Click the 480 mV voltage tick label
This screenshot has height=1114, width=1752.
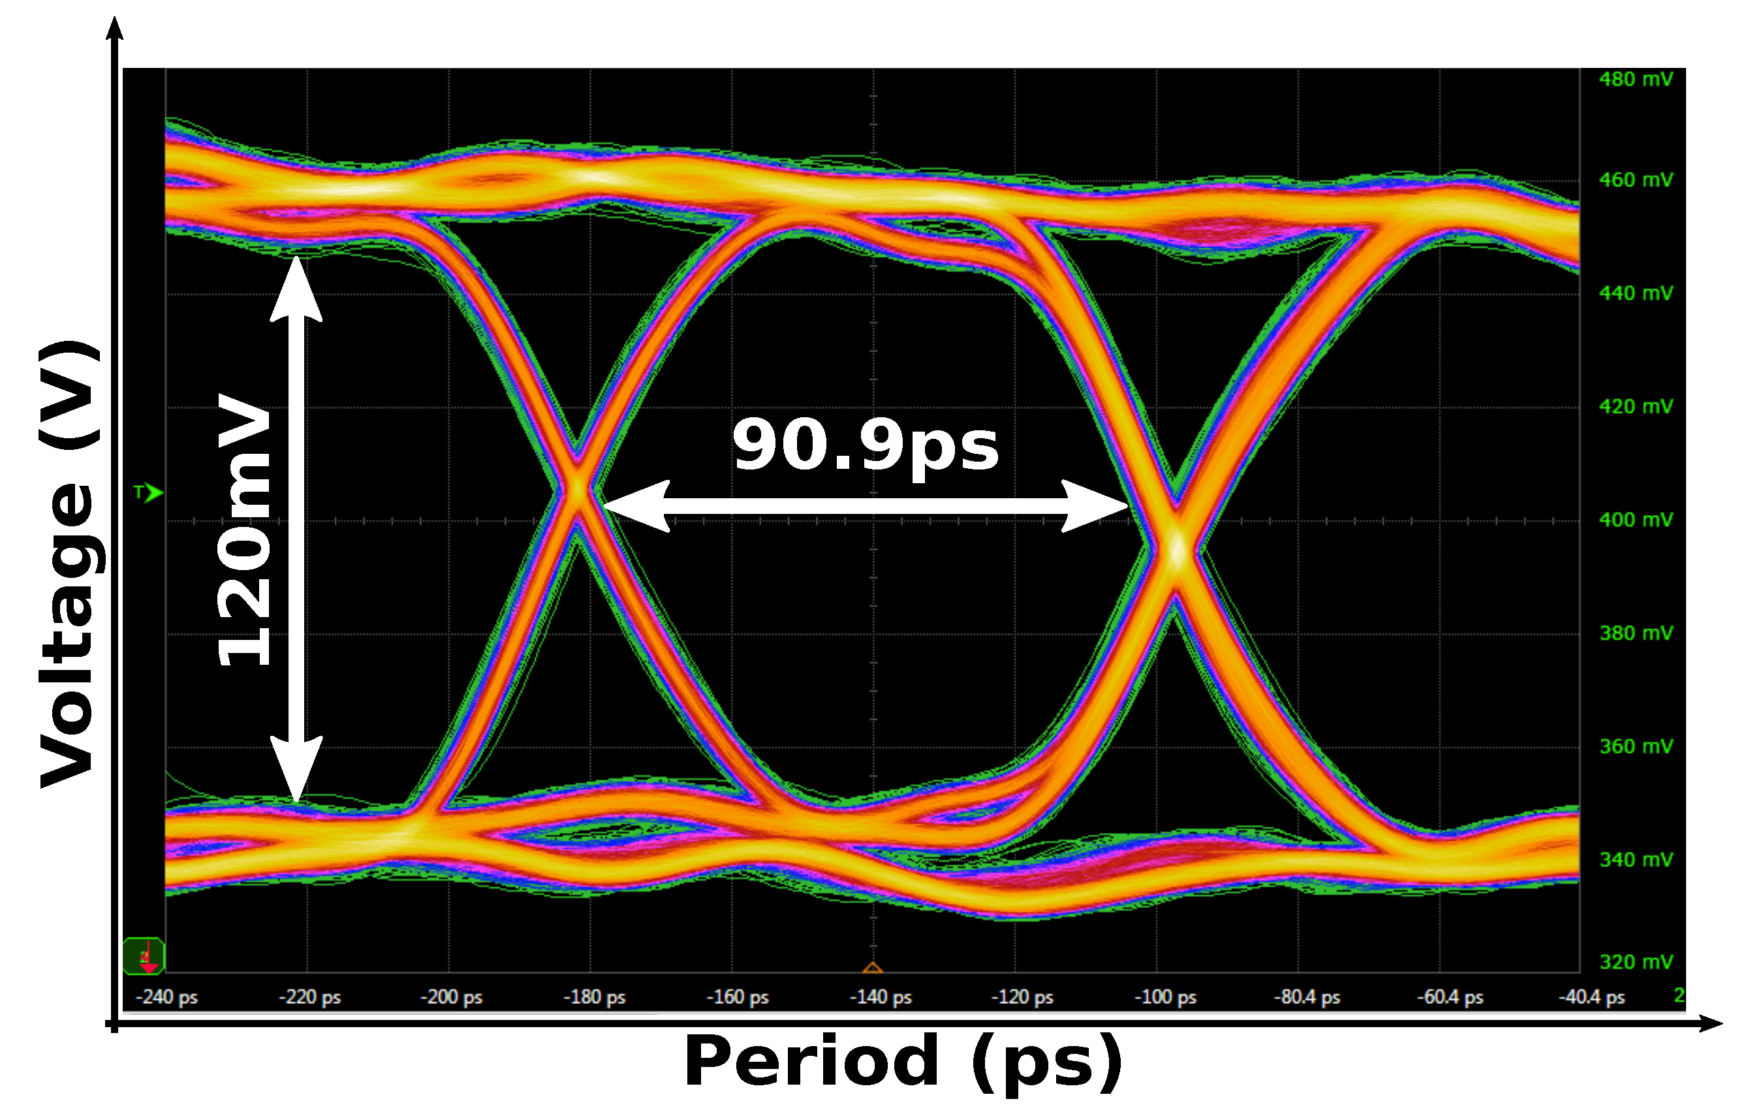(1636, 79)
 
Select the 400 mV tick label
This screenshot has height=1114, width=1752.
(1636, 520)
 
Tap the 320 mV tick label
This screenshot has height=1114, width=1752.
(1636, 962)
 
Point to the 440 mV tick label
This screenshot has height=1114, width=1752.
(1636, 293)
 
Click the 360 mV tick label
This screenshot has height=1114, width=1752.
(1636, 746)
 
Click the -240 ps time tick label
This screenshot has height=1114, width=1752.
(166, 997)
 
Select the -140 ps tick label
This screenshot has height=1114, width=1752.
(881, 997)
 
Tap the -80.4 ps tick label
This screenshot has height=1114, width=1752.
(1307, 997)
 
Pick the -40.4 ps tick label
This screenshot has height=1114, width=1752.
(1591, 997)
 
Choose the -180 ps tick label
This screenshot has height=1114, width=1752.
(595, 997)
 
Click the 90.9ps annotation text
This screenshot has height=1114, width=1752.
(865, 445)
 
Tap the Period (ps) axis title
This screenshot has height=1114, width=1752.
(903, 1062)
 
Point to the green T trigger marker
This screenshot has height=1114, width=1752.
(148, 492)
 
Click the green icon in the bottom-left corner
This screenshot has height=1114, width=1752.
(144, 956)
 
